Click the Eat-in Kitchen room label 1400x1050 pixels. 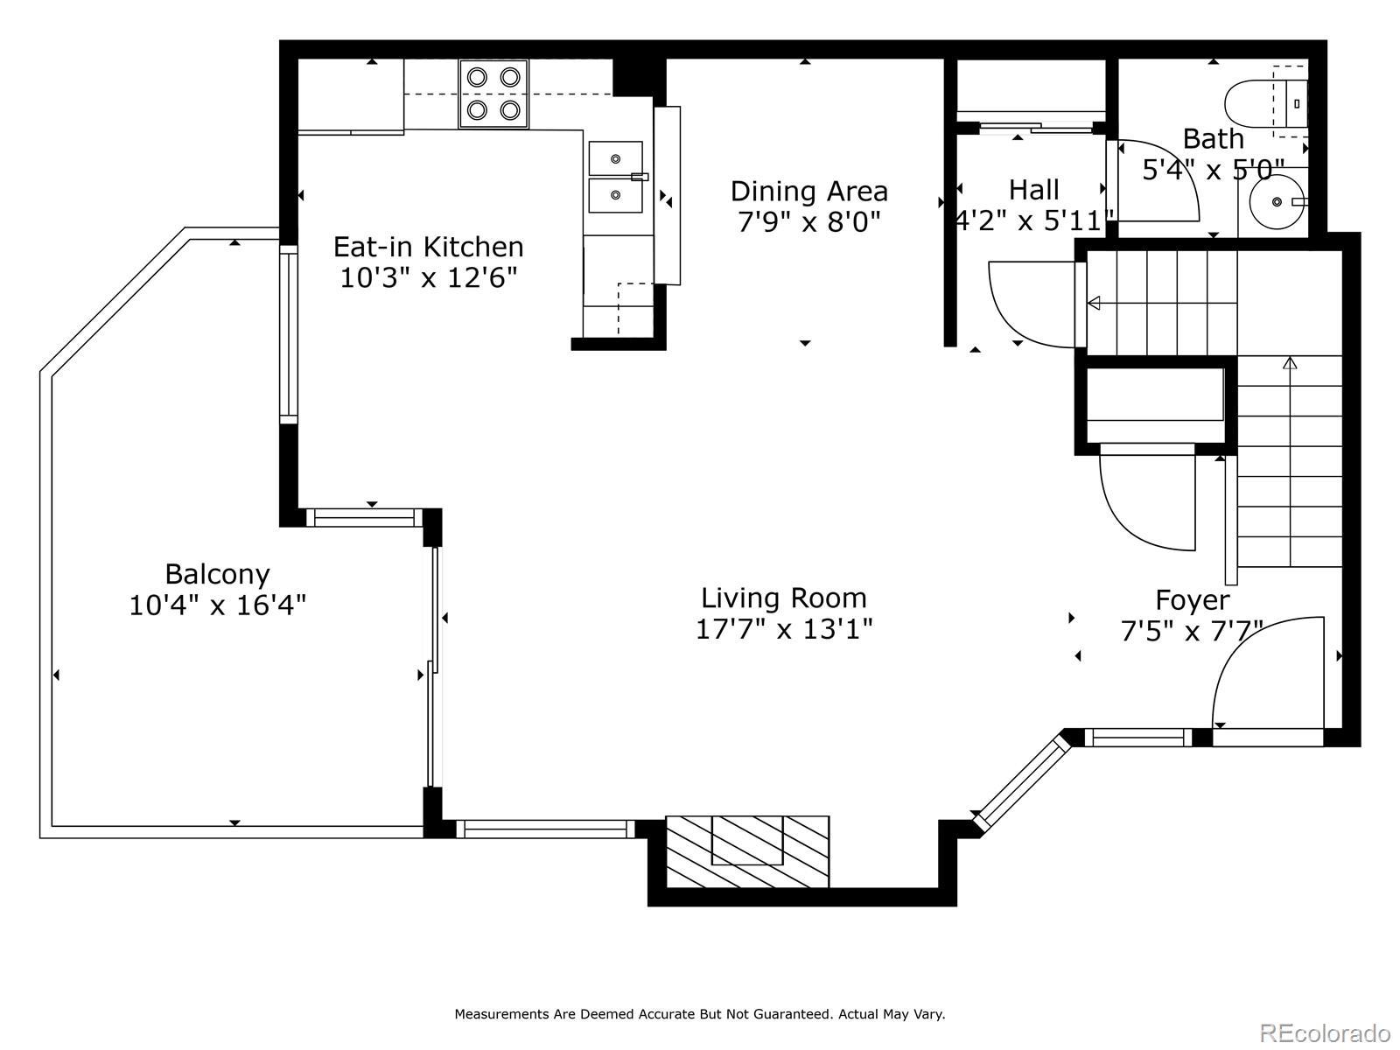click(428, 247)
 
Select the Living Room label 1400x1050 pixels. click(783, 598)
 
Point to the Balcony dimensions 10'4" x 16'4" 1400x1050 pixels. click(217, 605)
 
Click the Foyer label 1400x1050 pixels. click(1192, 600)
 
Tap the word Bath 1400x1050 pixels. click(1213, 139)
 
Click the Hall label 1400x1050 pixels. click(1033, 190)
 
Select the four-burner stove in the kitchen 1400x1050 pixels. click(493, 94)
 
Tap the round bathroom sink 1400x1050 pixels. click(1276, 202)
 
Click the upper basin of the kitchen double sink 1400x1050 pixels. click(615, 158)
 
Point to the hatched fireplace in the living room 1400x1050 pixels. click(747, 852)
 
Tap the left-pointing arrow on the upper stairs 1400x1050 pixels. click(1095, 304)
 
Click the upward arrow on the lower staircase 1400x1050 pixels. click(1289, 362)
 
